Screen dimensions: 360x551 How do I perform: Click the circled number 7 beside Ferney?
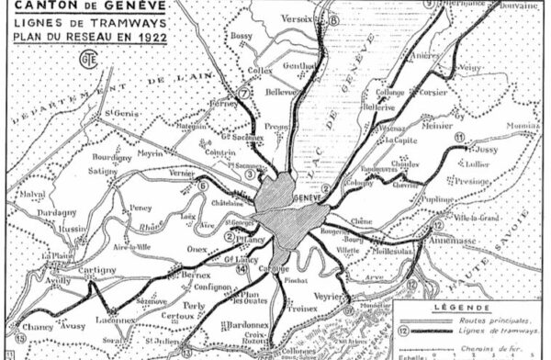(243, 93)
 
